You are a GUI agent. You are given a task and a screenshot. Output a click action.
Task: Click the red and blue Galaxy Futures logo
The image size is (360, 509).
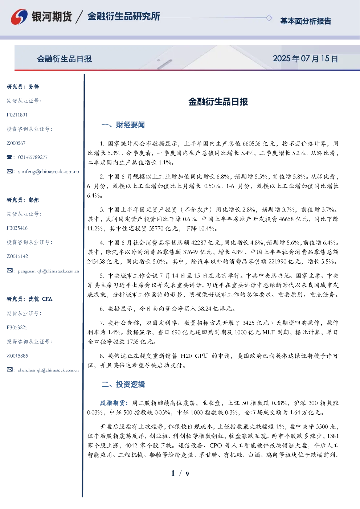[19, 17]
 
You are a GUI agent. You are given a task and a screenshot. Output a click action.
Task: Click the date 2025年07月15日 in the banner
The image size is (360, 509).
[305, 59]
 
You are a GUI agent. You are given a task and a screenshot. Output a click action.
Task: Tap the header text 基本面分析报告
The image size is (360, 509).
[306, 21]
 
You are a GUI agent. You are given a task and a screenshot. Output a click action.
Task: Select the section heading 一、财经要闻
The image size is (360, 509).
[123, 125]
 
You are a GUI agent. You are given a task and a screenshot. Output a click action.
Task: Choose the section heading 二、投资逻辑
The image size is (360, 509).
[123, 384]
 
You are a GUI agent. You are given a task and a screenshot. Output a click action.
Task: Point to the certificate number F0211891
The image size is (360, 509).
[17, 115]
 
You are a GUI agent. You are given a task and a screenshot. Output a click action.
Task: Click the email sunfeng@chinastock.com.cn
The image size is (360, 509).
[49, 171]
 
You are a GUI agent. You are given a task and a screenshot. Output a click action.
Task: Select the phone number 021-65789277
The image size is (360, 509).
[33, 157]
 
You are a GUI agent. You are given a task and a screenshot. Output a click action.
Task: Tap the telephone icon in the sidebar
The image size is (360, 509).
[9, 157]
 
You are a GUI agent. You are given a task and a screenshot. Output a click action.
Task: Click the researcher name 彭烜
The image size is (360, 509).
[34, 200]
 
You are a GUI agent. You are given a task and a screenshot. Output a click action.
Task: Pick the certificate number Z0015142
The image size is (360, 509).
[17, 256]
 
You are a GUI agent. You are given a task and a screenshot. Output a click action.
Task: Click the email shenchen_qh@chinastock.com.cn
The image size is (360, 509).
[48, 370]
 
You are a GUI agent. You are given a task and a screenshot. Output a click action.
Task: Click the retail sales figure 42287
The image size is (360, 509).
[199, 243]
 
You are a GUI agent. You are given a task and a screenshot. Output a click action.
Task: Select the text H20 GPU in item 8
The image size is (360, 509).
[194, 356]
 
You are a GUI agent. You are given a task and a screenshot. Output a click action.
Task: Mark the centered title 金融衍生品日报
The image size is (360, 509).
[218, 102]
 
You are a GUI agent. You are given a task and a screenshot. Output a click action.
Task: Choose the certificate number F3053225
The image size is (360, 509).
[17, 328]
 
